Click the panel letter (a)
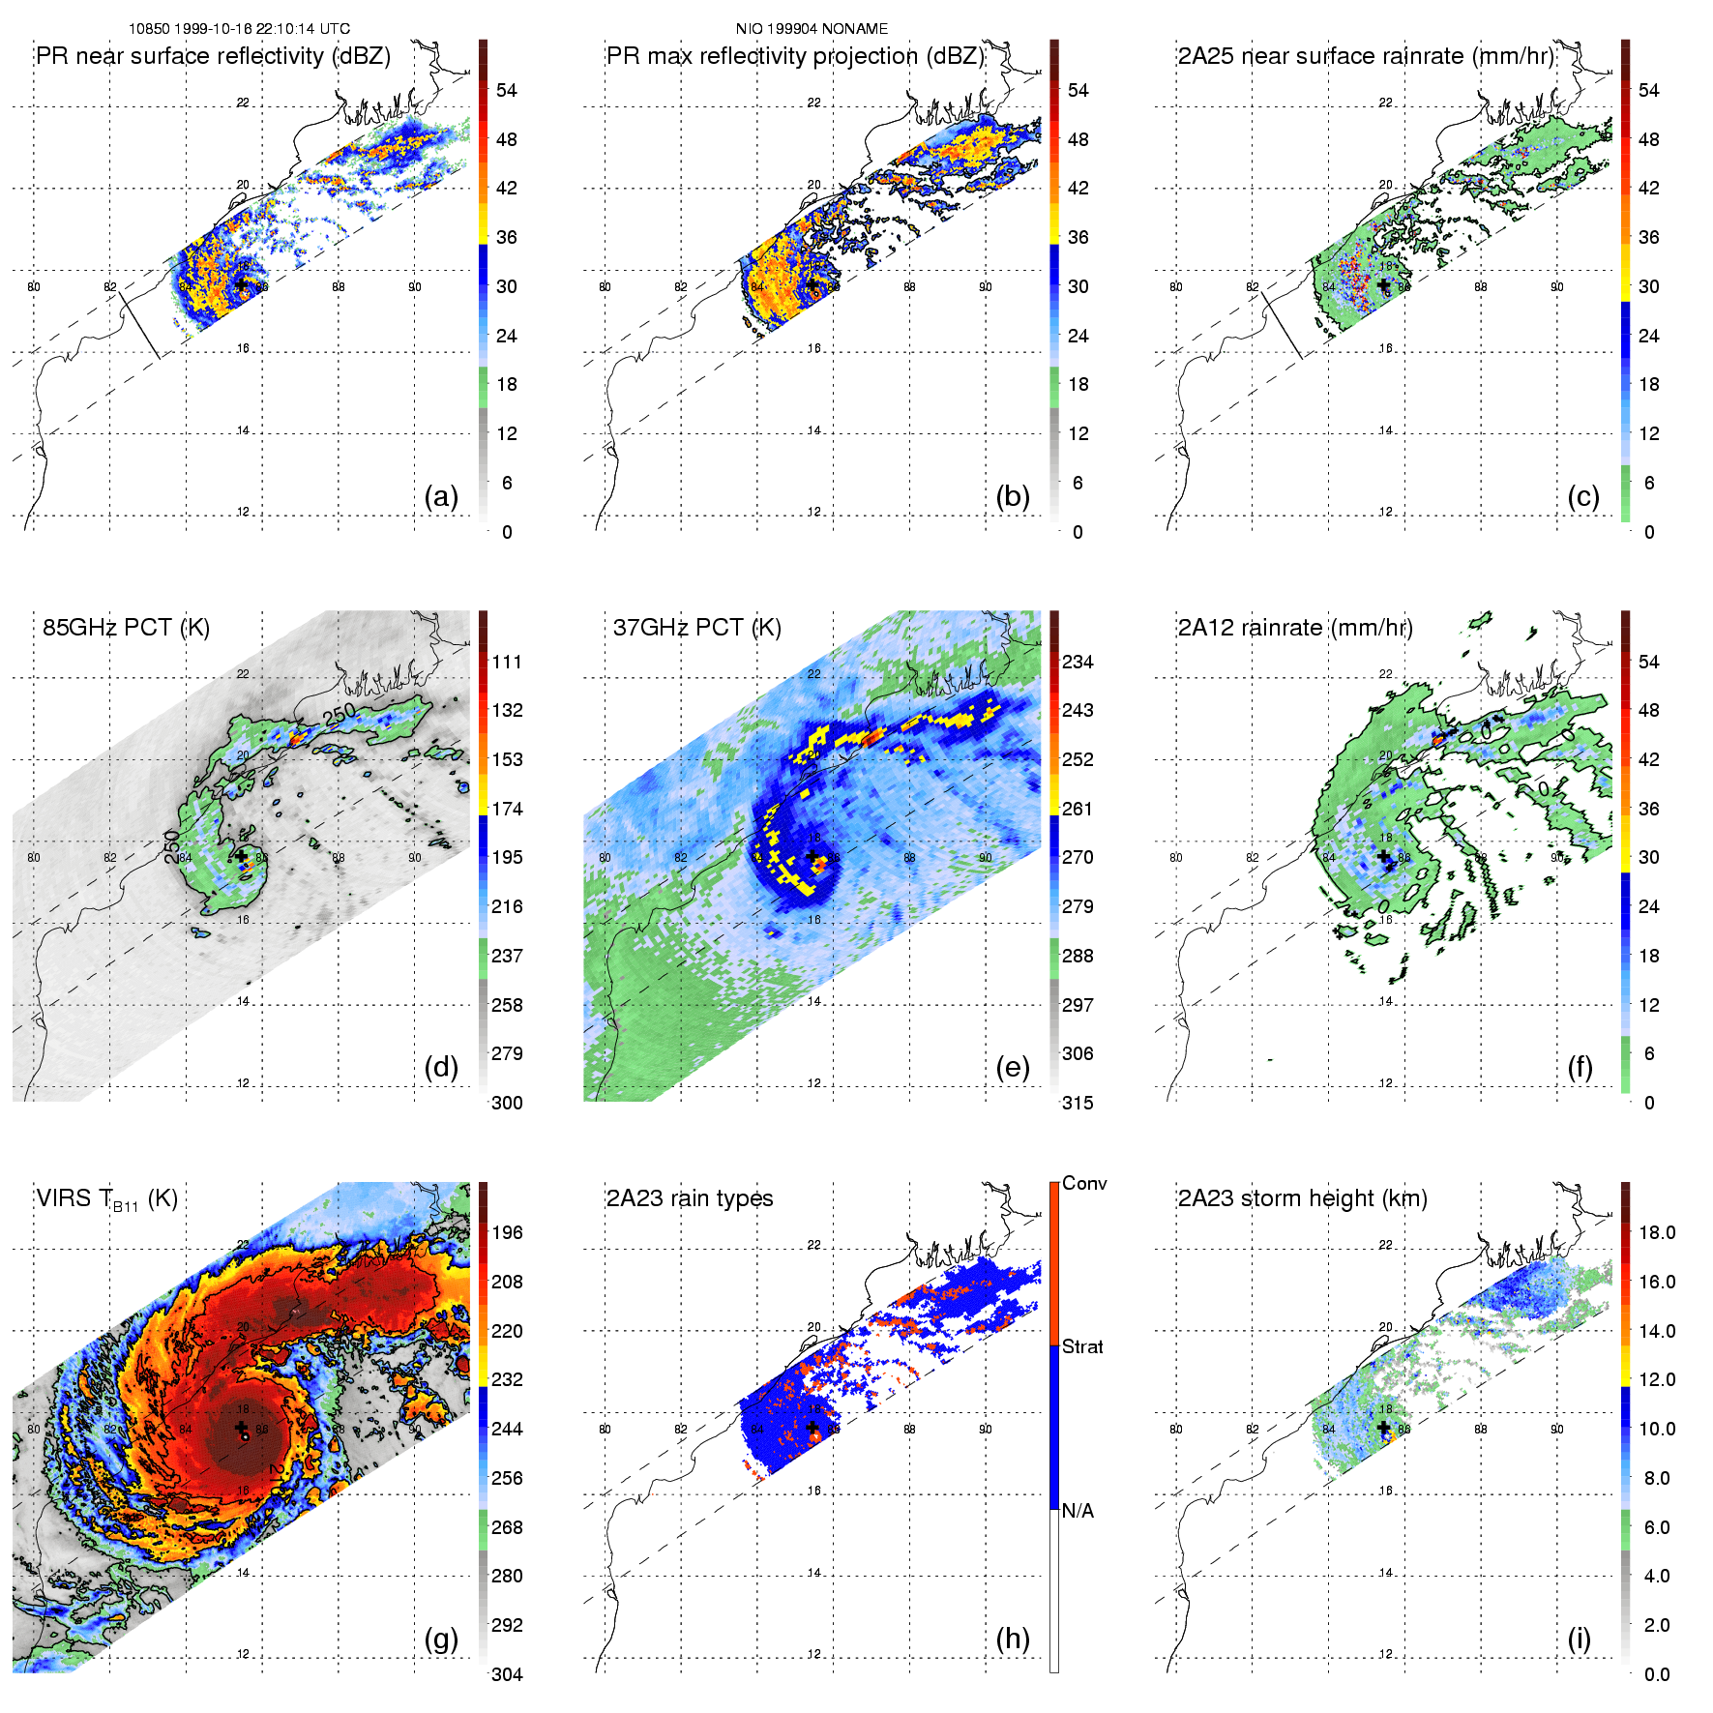441,497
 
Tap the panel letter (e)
1012,1068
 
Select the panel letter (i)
1579,1639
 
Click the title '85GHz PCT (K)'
126,628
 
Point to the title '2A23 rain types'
690,1198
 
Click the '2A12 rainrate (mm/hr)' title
1295,628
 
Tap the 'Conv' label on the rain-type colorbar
1084,1183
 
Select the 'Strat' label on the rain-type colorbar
1082,1346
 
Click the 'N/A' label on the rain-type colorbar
1078,1511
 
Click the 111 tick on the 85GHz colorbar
507,662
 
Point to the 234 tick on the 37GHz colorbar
1078,662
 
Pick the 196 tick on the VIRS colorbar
507,1232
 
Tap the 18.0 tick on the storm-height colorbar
1657,1232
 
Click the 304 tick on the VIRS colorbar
507,1674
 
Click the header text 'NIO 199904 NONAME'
812,29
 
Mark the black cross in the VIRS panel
241,1428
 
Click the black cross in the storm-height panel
1383,1428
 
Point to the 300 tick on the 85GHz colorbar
507,1103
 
